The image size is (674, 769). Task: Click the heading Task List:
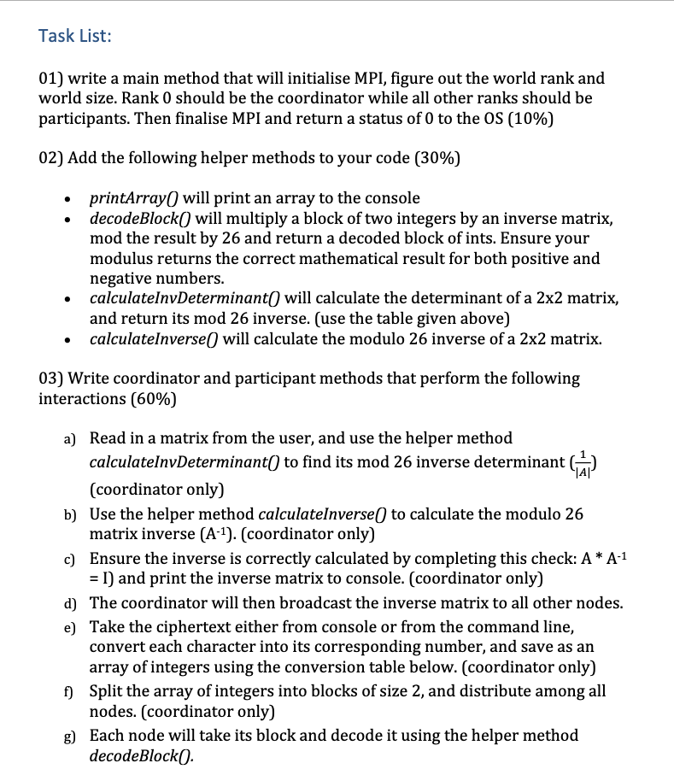click(x=75, y=36)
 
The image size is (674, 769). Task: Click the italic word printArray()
click(x=134, y=197)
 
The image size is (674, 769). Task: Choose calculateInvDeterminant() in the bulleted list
click(x=185, y=298)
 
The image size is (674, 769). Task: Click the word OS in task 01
click(x=501, y=119)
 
